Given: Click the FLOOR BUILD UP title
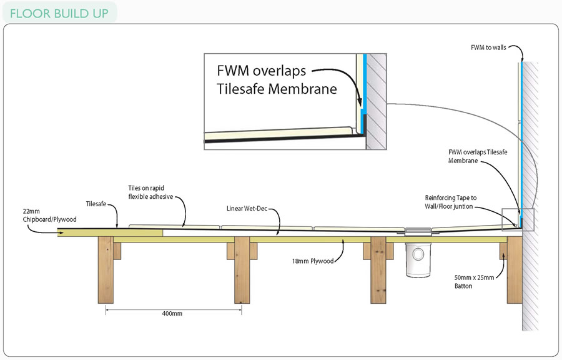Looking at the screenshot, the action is point(59,14).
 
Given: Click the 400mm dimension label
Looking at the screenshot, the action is point(172,313).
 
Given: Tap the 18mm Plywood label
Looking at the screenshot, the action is point(313,261).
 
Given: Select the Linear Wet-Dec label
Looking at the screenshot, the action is point(247,208).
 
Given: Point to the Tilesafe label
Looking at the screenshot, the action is point(96,204).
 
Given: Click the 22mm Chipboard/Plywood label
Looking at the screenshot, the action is point(49,216).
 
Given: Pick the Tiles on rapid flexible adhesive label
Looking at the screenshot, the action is point(150,192).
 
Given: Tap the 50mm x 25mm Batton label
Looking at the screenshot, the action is point(474,282).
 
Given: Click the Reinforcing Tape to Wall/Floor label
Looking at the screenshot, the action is point(451,202).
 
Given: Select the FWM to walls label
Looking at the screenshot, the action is point(488,47).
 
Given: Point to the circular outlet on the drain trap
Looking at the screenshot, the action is point(418,254).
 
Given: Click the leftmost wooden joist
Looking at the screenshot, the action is point(106,269).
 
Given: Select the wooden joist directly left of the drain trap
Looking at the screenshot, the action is point(378,269).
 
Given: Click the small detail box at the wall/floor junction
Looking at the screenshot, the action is point(518,219).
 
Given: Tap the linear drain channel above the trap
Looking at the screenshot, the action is point(418,231).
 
